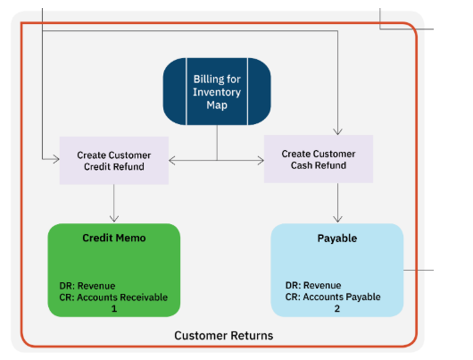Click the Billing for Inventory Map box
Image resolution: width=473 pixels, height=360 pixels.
pyautogui.click(x=217, y=91)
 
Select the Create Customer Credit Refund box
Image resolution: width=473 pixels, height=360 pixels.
pyautogui.click(x=114, y=161)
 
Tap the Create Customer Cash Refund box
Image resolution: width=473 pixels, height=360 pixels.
pyautogui.click(x=319, y=159)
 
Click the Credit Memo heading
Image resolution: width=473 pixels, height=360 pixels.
pyautogui.click(x=114, y=238)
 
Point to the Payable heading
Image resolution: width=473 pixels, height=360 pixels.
pyautogui.click(x=337, y=239)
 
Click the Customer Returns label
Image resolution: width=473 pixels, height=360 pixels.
pyautogui.click(x=224, y=336)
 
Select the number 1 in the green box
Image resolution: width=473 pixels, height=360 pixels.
pyautogui.click(x=114, y=309)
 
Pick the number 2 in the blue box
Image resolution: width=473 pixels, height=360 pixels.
pyautogui.click(x=337, y=309)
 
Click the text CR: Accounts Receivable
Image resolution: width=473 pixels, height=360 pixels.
pyautogui.click(x=113, y=297)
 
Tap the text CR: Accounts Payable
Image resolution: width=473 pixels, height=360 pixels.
pyautogui.click(x=333, y=297)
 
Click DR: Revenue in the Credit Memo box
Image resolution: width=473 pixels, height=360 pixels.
pyautogui.click(x=87, y=286)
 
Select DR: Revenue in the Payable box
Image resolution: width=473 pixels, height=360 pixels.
pyautogui.click(x=313, y=285)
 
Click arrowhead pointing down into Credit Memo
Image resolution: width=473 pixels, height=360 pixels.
pyautogui.click(x=114, y=218)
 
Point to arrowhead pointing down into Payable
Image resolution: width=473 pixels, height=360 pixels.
pyautogui.click(x=337, y=219)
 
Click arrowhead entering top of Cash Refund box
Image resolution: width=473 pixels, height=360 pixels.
pyautogui.click(x=337, y=131)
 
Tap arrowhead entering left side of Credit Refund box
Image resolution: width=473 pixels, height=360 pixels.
pyautogui.click(x=56, y=159)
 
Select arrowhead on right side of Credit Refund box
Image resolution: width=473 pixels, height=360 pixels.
pyautogui.click(x=172, y=161)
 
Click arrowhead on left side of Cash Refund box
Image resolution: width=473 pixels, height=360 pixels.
pyautogui.click(x=261, y=161)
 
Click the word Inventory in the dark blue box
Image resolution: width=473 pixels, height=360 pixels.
pyautogui.click(x=217, y=92)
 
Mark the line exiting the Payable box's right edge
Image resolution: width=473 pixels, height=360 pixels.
pyautogui.click(x=419, y=270)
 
